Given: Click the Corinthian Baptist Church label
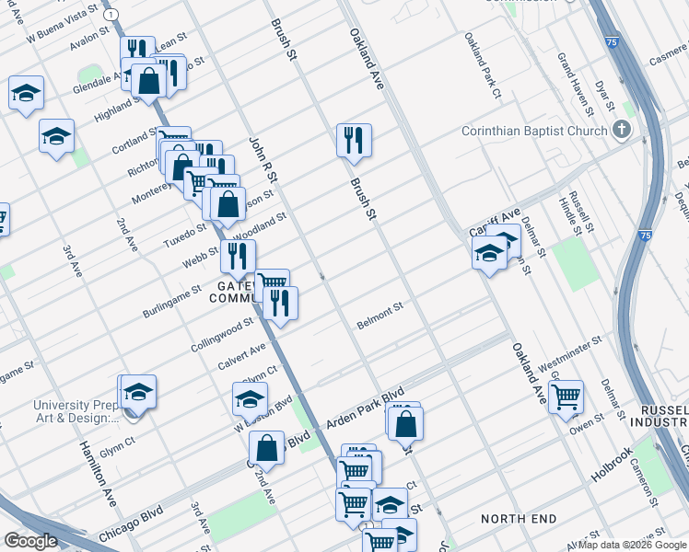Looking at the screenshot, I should pyautogui.click(x=534, y=131).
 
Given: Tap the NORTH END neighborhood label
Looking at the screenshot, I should pyautogui.click(x=519, y=519).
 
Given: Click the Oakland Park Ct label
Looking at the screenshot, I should pyautogui.click(x=482, y=66).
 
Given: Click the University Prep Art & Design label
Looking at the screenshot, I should pyautogui.click(x=76, y=411).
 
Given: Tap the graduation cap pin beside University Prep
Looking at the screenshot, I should pyautogui.click(x=138, y=393).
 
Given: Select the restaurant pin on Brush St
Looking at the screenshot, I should pyautogui.click(x=354, y=140).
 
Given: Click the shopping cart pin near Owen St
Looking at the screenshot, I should pyautogui.click(x=566, y=397).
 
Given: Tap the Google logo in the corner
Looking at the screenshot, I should pyautogui.click(x=30, y=541).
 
